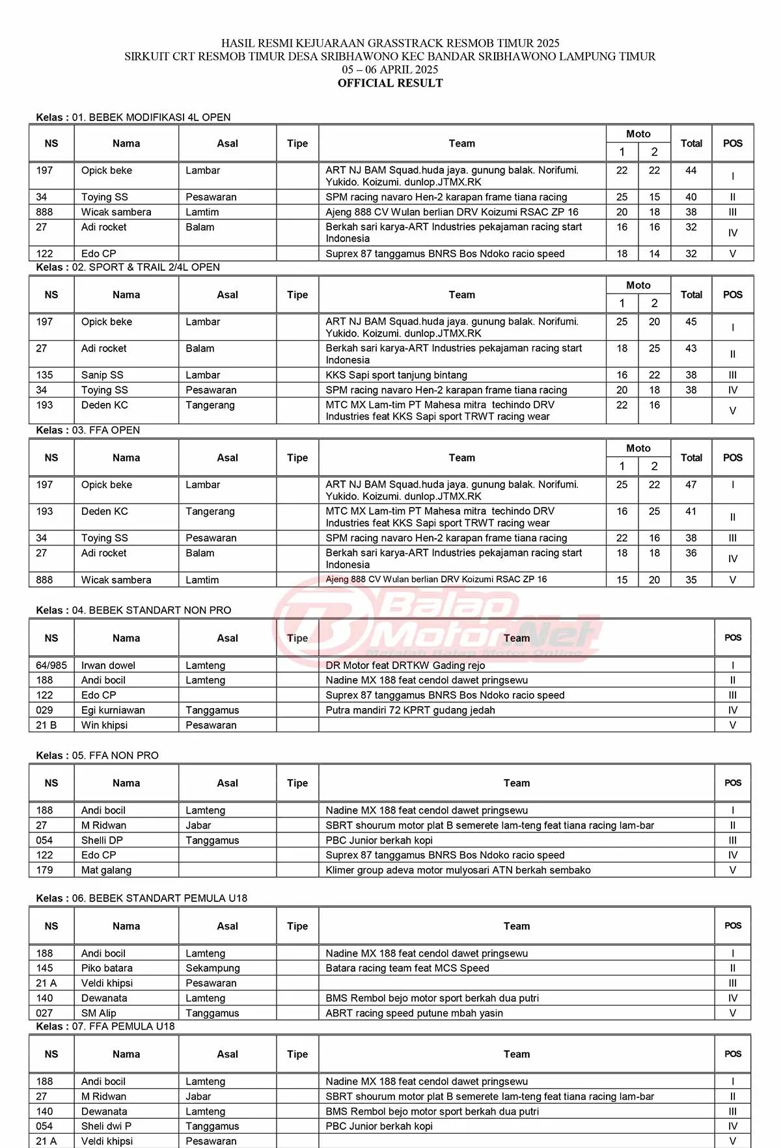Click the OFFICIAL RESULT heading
(390, 83)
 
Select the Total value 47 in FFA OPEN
(691, 485)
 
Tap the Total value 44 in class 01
(691, 171)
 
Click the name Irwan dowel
(108, 665)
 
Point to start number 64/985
(51, 665)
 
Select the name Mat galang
(106, 870)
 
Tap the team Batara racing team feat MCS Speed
(407, 968)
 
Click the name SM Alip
(99, 1013)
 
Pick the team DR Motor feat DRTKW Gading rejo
(405, 665)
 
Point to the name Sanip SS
(102, 375)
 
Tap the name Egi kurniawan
(113, 710)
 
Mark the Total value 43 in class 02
(691, 349)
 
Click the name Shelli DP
(102, 840)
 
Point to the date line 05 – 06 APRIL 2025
(390, 70)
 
